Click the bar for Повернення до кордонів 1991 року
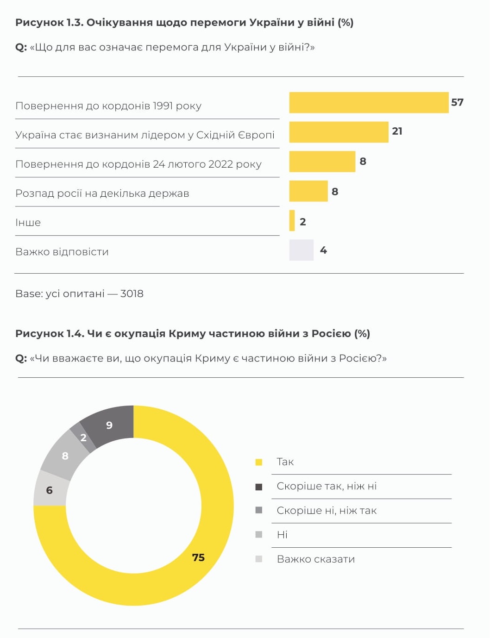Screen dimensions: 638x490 tap(369, 102)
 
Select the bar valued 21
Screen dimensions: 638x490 tap(339, 132)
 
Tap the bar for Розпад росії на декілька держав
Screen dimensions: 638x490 tap(308, 191)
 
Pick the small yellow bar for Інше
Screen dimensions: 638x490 tap(292, 220)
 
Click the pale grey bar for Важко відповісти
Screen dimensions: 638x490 tap(302, 250)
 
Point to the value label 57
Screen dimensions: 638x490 tap(457, 102)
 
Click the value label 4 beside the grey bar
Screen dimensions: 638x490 tap(323, 250)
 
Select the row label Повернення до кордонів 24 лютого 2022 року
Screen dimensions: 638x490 tap(138, 164)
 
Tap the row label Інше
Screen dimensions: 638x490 tap(28, 223)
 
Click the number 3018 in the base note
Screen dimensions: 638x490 tap(132, 294)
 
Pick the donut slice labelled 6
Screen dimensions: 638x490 tap(50, 490)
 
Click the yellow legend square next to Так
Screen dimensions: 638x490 tap(259, 462)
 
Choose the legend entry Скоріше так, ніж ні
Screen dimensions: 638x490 tap(327, 486)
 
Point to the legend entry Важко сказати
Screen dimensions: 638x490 tap(315, 559)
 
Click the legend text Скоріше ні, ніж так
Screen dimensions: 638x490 tap(327, 511)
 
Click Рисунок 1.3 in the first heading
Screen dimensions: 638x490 tap(49, 23)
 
